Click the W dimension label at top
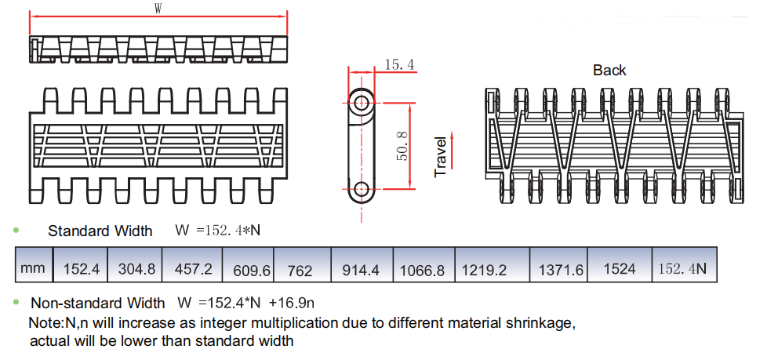click(x=158, y=9)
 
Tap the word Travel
click(x=440, y=157)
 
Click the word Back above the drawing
click(x=609, y=71)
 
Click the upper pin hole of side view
click(x=362, y=102)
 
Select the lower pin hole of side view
click(x=362, y=188)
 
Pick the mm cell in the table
click(x=33, y=268)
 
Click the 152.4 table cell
click(x=81, y=269)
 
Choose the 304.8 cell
click(x=136, y=269)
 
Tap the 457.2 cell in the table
click(x=194, y=269)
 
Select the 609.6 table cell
click(x=252, y=271)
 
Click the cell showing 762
click(x=300, y=271)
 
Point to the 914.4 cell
click(x=361, y=270)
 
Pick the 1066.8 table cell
click(x=422, y=271)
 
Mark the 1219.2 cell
click(x=484, y=270)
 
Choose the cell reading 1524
click(x=620, y=268)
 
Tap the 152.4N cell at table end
click(x=682, y=268)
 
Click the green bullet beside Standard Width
click(x=16, y=231)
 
